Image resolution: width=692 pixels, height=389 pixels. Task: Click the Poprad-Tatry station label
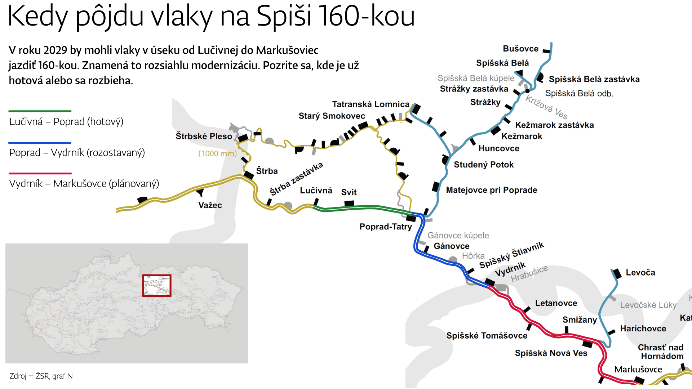click(385, 227)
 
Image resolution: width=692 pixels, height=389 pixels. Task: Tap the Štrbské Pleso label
click(204, 136)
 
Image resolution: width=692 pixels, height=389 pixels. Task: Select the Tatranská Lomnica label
click(371, 104)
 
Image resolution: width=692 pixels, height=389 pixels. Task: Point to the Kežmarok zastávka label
click(554, 125)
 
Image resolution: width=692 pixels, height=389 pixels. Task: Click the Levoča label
click(640, 273)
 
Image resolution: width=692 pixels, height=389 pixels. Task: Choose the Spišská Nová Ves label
click(551, 353)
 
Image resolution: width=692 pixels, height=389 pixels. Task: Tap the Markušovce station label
click(638, 369)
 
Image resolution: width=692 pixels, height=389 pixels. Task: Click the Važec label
click(210, 205)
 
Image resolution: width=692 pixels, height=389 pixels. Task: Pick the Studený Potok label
click(483, 165)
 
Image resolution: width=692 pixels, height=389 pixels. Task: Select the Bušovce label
click(520, 49)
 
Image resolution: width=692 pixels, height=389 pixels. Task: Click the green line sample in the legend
click(40, 111)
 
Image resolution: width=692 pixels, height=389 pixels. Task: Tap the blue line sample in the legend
click(40, 143)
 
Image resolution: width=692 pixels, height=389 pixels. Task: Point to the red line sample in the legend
click(40, 174)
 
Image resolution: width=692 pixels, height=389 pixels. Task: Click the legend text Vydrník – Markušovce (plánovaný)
click(84, 184)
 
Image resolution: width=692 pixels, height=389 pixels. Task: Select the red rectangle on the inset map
click(156, 286)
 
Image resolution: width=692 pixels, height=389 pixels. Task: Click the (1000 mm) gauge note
click(217, 153)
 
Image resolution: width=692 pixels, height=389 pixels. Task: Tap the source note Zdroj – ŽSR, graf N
click(41, 376)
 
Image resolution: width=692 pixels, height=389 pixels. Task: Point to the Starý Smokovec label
click(332, 116)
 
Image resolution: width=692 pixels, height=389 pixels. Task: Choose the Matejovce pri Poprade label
click(491, 190)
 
